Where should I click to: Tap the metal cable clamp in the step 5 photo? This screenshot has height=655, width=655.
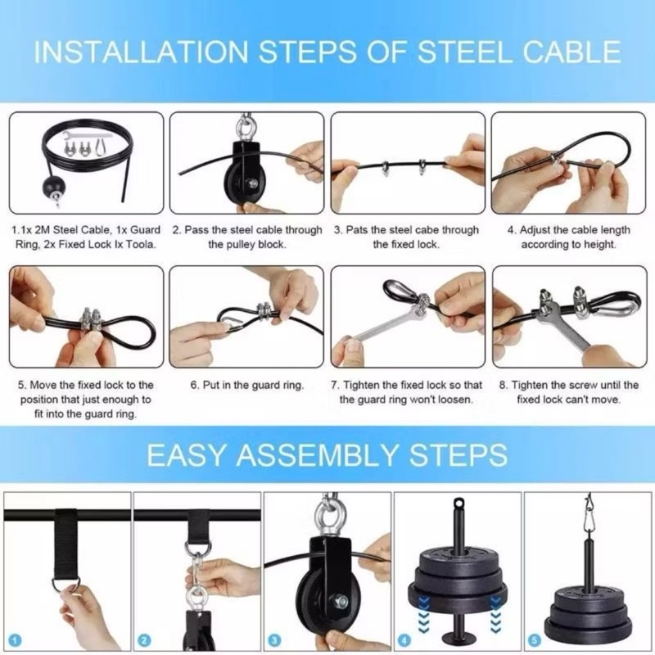click(93, 319)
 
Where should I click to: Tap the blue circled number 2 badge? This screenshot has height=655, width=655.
click(145, 640)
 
